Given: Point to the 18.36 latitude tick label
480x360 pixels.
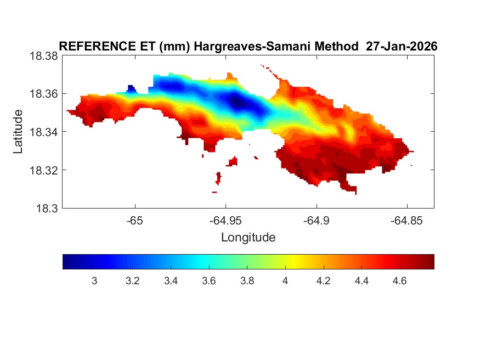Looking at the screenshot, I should coord(44,94).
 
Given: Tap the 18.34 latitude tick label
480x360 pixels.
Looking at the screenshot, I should coord(44,132).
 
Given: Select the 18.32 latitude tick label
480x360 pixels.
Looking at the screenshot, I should coord(44,170).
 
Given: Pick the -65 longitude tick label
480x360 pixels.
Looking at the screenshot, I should coord(134,220).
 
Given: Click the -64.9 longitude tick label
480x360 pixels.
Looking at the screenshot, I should coord(316,220).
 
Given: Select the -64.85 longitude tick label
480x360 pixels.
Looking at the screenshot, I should coord(406,220).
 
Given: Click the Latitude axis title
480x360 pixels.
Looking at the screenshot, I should coord(18,132).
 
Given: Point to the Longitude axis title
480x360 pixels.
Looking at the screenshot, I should coord(248,238).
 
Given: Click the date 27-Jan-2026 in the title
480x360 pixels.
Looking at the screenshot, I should coord(402,47).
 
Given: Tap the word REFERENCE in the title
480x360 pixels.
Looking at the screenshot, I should coord(92,47).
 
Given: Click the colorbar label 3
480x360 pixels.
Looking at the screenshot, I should coord(94,281).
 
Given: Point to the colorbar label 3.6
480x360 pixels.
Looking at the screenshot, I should coord(209,281).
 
